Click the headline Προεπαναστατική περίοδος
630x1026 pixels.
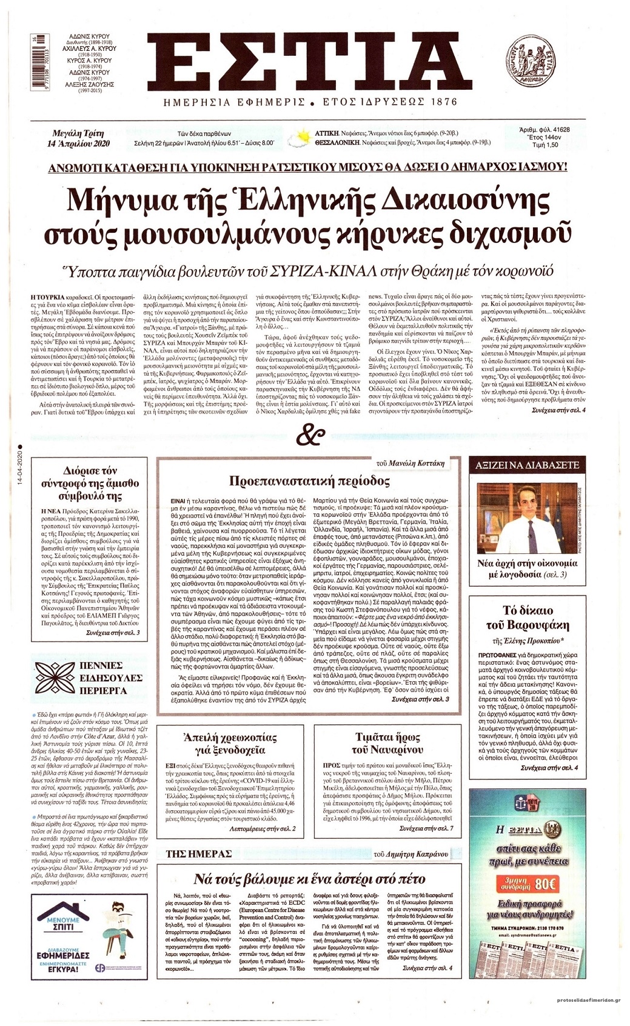309,482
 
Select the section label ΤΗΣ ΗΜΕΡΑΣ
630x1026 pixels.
198,854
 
